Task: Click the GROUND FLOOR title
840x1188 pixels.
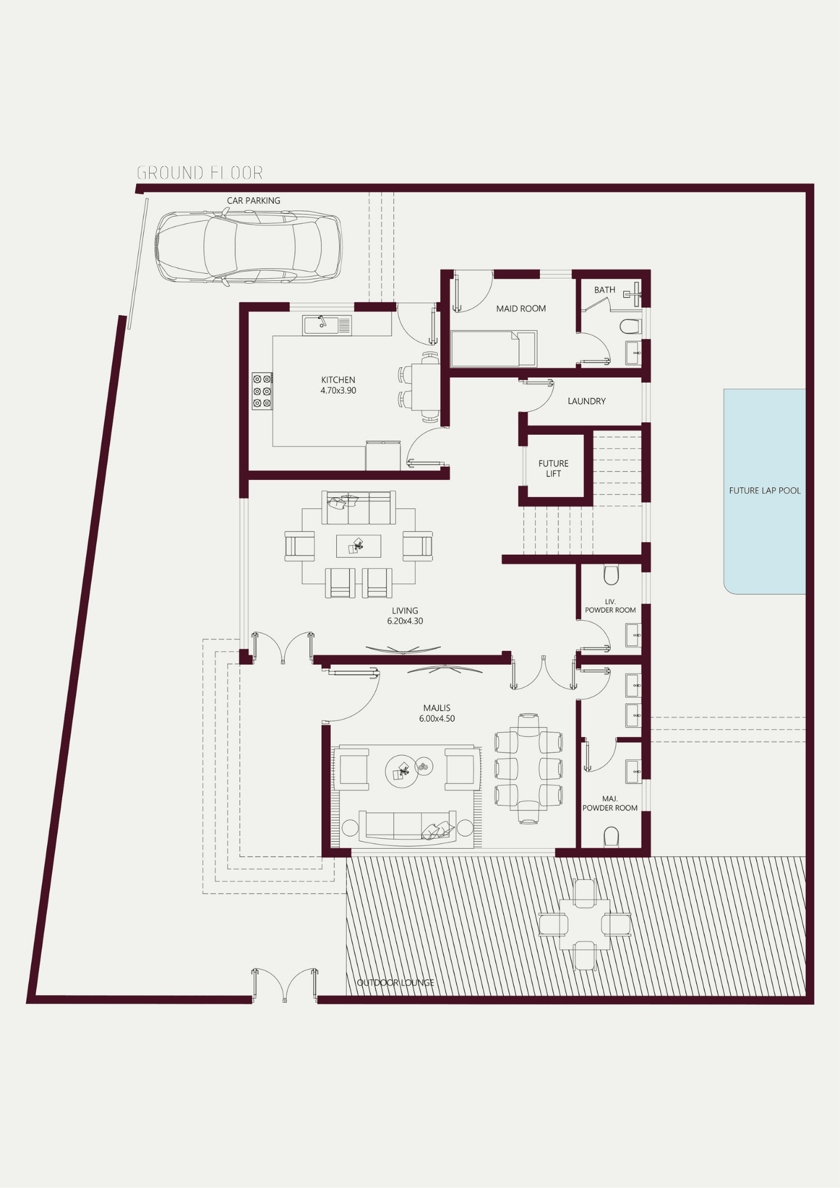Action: click(200, 173)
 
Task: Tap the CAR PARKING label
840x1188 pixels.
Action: click(254, 201)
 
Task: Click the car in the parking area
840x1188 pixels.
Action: click(248, 247)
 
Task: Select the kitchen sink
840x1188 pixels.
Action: click(327, 325)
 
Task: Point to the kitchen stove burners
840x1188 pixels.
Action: click(262, 391)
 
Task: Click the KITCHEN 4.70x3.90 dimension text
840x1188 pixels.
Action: click(338, 385)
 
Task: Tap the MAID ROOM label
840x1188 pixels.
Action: click(521, 308)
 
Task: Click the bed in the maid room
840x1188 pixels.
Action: click(494, 349)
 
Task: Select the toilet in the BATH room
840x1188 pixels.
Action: click(630, 326)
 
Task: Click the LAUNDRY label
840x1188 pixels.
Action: click(586, 401)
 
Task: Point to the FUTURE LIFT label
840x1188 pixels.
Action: click(554, 469)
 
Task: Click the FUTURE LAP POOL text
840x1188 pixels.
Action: click(765, 491)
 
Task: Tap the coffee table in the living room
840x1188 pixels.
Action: click(359, 546)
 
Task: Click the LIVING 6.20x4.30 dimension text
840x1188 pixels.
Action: click(405, 616)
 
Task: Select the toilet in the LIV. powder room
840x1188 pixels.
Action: click(611, 574)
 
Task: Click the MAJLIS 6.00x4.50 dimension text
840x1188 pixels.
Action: click(437, 713)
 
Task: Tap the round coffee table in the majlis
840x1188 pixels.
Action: click(402, 771)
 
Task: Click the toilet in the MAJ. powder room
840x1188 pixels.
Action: click(611, 838)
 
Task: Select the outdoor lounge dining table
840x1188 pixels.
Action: click(585, 924)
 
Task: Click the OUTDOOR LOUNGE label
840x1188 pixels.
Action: click(396, 982)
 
